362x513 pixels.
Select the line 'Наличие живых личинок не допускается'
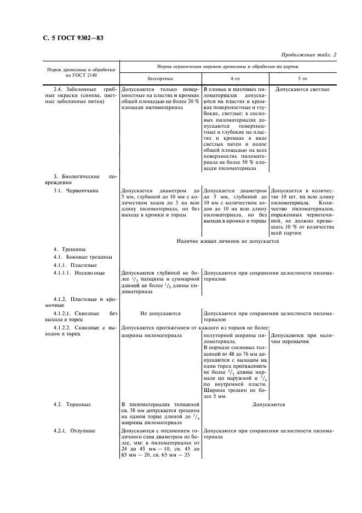[228, 241]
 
